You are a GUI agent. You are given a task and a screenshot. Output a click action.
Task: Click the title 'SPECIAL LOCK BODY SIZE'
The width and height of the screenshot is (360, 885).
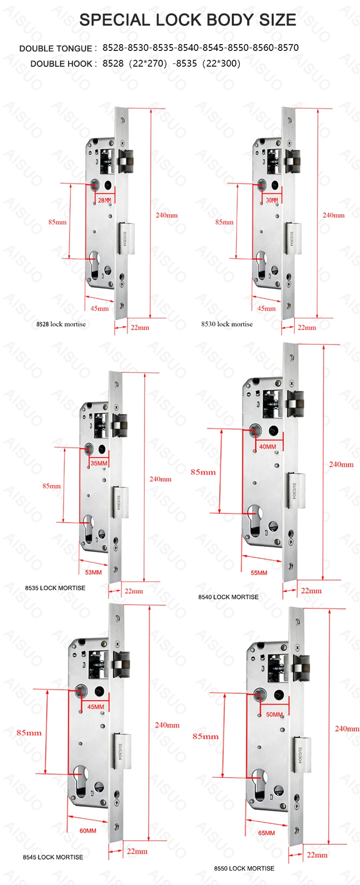[x=188, y=20]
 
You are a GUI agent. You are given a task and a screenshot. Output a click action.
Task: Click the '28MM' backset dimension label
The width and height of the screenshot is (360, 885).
[x=104, y=200]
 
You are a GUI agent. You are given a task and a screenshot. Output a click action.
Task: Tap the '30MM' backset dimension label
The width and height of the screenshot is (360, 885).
[x=272, y=200]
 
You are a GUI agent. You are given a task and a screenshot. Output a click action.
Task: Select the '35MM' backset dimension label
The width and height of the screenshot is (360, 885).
[x=99, y=463]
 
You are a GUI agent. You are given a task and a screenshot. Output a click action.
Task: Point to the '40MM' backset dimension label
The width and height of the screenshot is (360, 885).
[x=267, y=447]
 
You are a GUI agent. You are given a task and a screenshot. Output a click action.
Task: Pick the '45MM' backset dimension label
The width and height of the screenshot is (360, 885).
[x=96, y=707]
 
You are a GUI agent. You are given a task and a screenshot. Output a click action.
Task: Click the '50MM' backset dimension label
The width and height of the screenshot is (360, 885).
[x=274, y=715]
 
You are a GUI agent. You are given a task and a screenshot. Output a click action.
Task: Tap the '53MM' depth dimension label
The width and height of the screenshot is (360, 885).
[x=93, y=572]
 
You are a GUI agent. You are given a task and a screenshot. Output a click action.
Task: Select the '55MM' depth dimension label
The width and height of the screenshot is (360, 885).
[x=259, y=573]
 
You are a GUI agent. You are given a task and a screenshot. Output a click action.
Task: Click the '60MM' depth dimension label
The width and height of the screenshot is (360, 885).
[x=88, y=831]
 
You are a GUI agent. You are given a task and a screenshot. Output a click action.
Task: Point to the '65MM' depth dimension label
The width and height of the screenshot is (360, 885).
[x=266, y=833]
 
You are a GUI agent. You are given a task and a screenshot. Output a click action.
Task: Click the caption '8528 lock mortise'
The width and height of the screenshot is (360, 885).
[x=61, y=324]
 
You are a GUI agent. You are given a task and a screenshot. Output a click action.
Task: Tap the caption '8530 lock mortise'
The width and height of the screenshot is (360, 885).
[x=227, y=324]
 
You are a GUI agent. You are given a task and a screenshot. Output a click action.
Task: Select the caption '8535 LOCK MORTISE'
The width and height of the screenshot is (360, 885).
[x=55, y=588]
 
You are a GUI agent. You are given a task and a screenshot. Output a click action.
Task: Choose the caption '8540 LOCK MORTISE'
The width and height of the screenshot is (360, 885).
[x=228, y=597]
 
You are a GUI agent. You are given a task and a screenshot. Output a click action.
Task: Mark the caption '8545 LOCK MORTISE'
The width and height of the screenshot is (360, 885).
[x=53, y=857]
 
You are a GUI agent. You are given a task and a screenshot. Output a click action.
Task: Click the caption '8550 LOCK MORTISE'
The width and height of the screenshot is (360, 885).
[x=244, y=868]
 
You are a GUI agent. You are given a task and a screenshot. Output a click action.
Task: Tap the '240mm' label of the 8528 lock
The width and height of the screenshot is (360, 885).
[x=167, y=215]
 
